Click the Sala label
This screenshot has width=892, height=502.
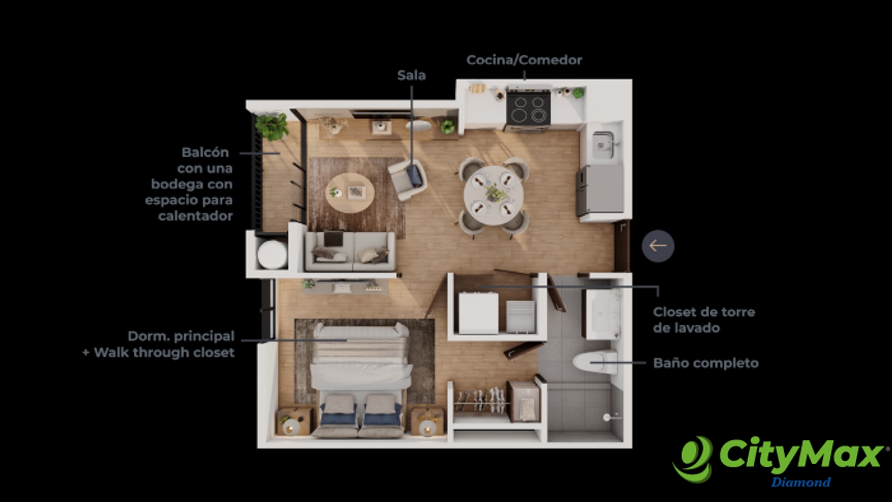pyautogui.click(x=411, y=75)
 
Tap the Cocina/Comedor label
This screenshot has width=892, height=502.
pyautogui.click(x=524, y=60)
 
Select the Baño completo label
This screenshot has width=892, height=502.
pyautogui.click(x=706, y=363)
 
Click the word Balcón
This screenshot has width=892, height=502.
pyautogui.click(x=205, y=153)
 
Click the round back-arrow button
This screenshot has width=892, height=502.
pyautogui.click(x=658, y=246)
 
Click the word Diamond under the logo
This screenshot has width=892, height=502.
pyautogui.click(x=801, y=482)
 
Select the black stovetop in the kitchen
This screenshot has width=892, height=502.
pyautogui.click(x=529, y=109)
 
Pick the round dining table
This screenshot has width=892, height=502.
pyautogui.click(x=494, y=196)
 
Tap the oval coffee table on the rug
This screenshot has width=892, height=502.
pyautogui.click(x=350, y=193)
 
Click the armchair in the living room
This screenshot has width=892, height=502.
pyautogui.click(x=408, y=180)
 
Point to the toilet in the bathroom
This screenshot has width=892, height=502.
pyautogui.click(x=595, y=362)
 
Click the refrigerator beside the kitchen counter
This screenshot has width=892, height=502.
pyautogui.click(x=600, y=191)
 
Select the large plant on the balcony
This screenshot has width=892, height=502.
pyautogui.click(x=272, y=126)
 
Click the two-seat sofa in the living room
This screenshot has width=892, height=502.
pyautogui.click(x=350, y=252)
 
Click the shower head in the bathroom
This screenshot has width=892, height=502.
pyautogui.click(x=607, y=417)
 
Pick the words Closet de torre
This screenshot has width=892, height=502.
pyautogui.click(x=704, y=311)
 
